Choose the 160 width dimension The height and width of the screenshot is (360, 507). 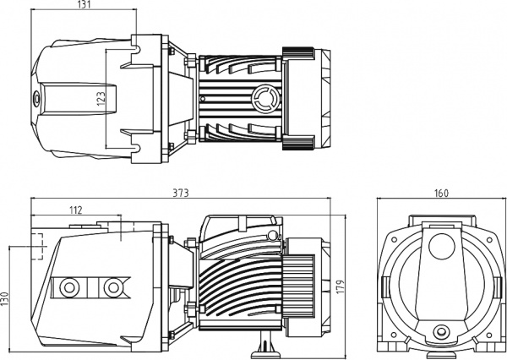[441, 193]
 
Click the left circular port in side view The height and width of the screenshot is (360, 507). [68, 287]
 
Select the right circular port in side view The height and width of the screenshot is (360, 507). [112, 287]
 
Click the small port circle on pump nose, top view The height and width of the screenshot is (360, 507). [36, 97]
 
